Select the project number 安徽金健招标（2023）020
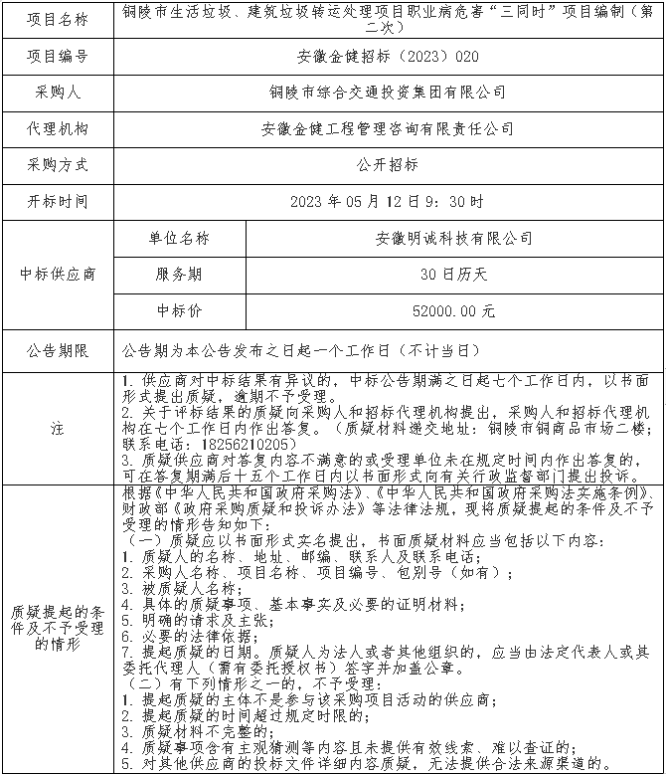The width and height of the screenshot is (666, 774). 388,56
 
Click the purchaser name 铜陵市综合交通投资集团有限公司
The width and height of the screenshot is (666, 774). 388,92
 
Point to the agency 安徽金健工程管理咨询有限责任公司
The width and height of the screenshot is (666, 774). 388,128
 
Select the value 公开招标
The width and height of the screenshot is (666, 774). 388,164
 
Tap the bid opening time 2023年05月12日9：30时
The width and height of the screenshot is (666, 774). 388,201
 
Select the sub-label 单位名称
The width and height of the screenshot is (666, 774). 179,238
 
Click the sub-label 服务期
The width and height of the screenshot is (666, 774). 179,274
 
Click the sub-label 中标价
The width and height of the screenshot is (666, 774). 179,310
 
